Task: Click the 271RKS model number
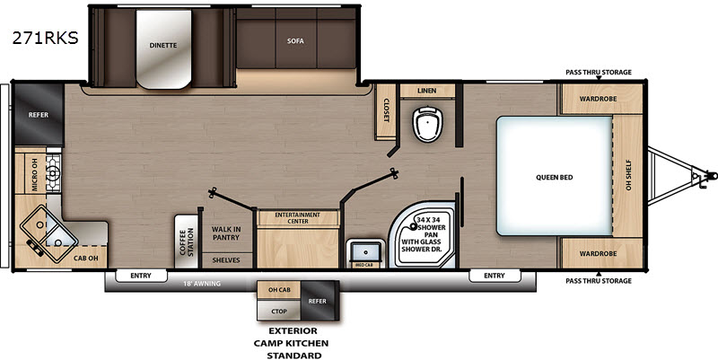pyautogui.click(x=46, y=39)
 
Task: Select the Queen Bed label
pyautogui.click(x=554, y=177)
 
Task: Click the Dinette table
pyautogui.click(x=163, y=49)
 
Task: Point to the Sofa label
pyautogui.click(x=295, y=40)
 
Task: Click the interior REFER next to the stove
pyautogui.click(x=39, y=115)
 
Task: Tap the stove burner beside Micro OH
pyautogui.click(x=53, y=173)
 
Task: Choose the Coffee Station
pyautogui.click(x=186, y=241)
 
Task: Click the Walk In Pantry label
pyautogui.click(x=226, y=233)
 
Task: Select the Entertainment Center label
pyautogui.click(x=298, y=218)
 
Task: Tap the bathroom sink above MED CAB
pyautogui.click(x=365, y=251)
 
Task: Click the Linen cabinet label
pyautogui.click(x=427, y=91)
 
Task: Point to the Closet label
pyautogui.click(x=386, y=110)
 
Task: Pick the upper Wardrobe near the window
pyautogui.click(x=598, y=99)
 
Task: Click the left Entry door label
pyautogui.click(x=141, y=276)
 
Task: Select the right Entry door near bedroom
pyautogui.click(x=495, y=276)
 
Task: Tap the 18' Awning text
pyautogui.click(x=203, y=284)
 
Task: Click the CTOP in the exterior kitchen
pyautogui.click(x=279, y=311)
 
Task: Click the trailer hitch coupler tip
pyautogui.click(x=713, y=175)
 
